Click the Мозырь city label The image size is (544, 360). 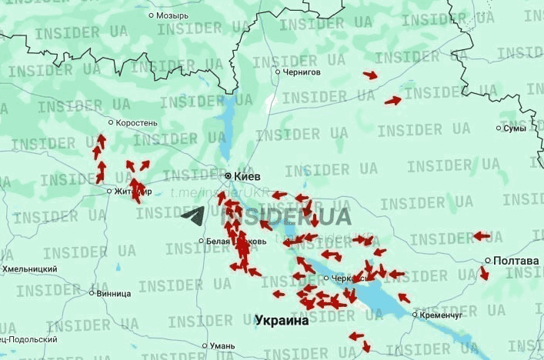pos(172,15)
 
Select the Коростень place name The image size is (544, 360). pos(137,122)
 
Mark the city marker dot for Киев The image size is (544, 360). pos(229,175)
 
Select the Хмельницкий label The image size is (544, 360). pos(29,269)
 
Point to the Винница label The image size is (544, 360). pos(113,293)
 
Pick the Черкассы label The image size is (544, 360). pos(345,278)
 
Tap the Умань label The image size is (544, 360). pos(222,346)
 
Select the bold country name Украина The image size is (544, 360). pos(282,321)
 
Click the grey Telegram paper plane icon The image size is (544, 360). pos(193,216)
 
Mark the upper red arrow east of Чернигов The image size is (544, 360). pos(370,75)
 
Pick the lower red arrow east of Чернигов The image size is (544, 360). pos(392,101)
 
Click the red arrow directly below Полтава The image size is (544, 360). pos(484,273)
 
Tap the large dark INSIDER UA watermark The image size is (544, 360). pos(286,216)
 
